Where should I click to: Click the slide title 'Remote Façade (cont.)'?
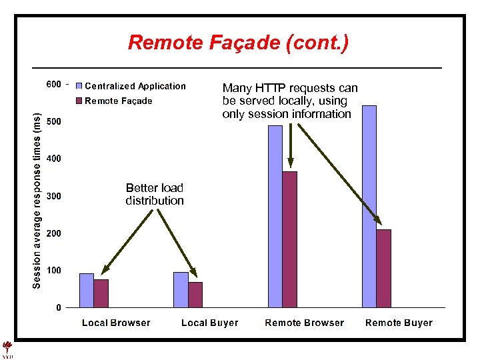point(238,43)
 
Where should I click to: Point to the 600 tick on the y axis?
point(53,85)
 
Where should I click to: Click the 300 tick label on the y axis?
point(53,197)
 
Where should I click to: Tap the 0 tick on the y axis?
point(59,308)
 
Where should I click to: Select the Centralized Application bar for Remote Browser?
point(275,216)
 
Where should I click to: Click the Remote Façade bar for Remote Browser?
point(289,239)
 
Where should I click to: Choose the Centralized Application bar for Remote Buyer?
point(369,207)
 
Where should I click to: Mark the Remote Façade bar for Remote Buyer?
point(383,268)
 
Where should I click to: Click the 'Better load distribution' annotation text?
point(155,194)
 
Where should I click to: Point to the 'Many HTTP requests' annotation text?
point(290,101)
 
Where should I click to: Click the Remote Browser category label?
point(305,323)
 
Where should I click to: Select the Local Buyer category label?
point(209,323)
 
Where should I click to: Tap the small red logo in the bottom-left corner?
point(8,349)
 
